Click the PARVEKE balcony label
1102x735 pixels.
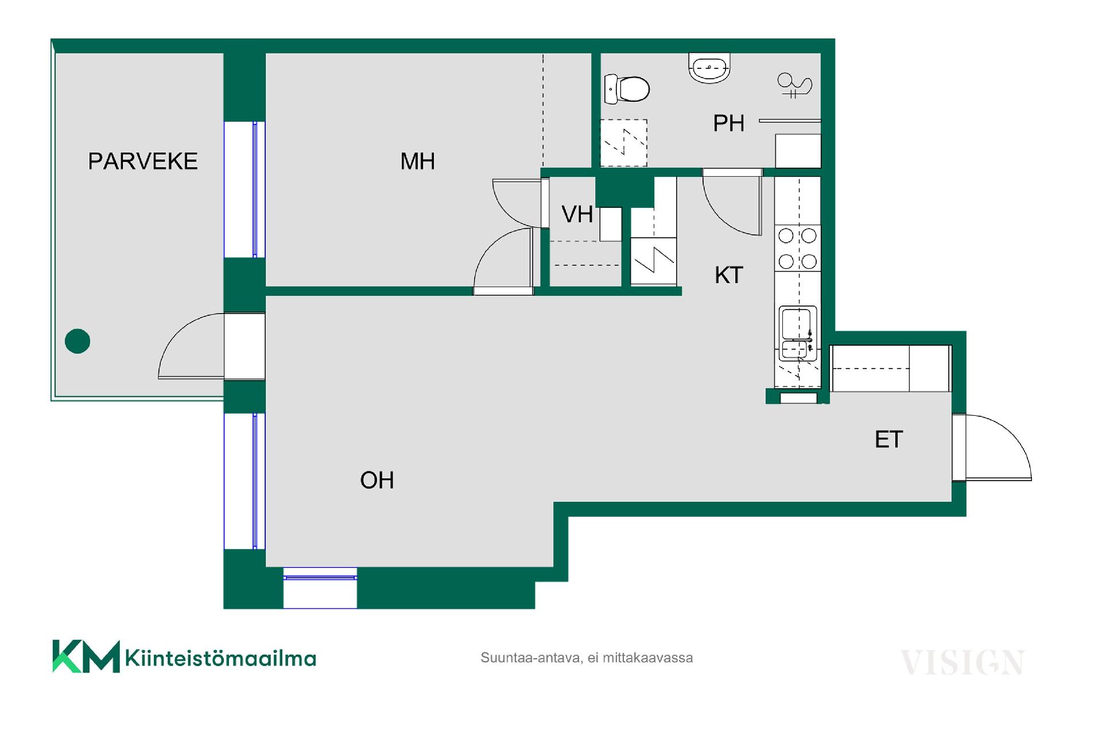coord(143,161)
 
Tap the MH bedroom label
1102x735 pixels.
coord(417,161)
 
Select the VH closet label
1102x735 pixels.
coord(577,214)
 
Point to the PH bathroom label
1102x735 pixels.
coord(728,123)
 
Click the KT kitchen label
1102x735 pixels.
coord(729,275)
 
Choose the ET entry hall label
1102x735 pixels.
coord(888,439)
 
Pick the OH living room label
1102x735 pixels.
coord(377,480)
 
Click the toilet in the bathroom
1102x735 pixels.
coord(627,89)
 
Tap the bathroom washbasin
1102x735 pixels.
coord(709,68)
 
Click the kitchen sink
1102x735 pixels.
coord(798,334)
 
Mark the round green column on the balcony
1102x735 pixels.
coord(77,341)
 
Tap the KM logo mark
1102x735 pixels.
coord(86,656)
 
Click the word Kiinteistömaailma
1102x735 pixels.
coord(220,658)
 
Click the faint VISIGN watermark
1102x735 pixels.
coord(963,663)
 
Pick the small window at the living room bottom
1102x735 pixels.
coord(320,587)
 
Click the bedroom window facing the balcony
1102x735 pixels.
coord(245,189)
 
